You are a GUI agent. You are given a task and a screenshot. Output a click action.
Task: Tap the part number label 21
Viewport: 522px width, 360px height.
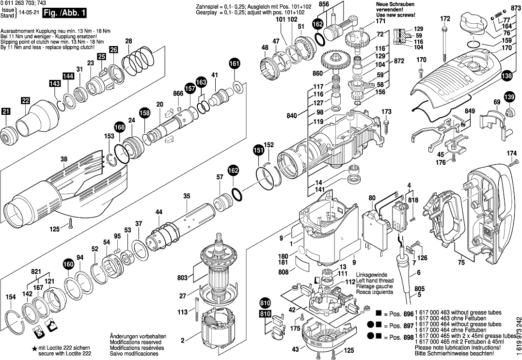point(6,111)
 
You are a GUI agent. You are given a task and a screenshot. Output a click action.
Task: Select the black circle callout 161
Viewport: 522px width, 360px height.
point(234,64)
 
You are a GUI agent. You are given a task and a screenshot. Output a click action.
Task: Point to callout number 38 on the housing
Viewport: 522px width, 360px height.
point(64,158)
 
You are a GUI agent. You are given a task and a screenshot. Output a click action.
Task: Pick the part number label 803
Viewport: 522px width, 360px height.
point(182,278)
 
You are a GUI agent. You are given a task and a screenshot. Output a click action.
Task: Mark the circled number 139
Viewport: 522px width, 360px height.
point(509,98)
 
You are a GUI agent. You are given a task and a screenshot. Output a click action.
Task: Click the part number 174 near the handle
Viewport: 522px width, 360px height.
point(512,154)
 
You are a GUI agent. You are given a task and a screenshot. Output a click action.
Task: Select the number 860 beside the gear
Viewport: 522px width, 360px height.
point(317,73)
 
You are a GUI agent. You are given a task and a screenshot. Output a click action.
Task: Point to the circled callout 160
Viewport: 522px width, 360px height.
point(68,265)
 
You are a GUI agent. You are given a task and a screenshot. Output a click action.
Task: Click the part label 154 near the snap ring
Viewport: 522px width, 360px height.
point(10,297)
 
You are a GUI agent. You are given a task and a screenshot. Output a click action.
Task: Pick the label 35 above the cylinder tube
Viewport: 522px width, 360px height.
point(187,196)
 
